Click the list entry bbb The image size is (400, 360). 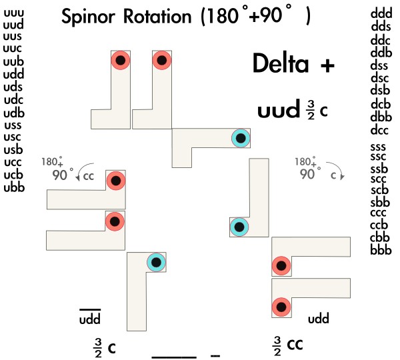(x=381, y=250)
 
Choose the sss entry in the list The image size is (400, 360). (x=381, y=146)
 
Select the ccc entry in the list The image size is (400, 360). (x=381, y=213)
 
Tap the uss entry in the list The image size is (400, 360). (x=13, y=125)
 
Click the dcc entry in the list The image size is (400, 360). (x=381, y=129)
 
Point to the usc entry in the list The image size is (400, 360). (x=13, y=137)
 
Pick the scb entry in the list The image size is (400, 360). (x=381, y=190)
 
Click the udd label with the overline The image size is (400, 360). (x=90, y=319)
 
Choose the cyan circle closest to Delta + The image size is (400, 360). (x=240, y=138)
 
